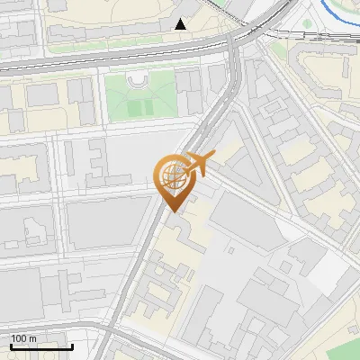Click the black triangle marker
click(x=181, y=24)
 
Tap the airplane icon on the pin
click(x=201, y=165)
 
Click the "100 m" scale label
click(x=23, y=337)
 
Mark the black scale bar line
click(x=41, y=346)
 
